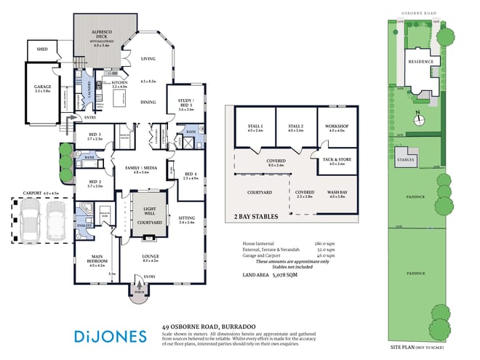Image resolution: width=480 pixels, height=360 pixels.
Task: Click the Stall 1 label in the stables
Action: [255, 127]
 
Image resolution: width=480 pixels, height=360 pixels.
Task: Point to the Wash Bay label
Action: [337, 193]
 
